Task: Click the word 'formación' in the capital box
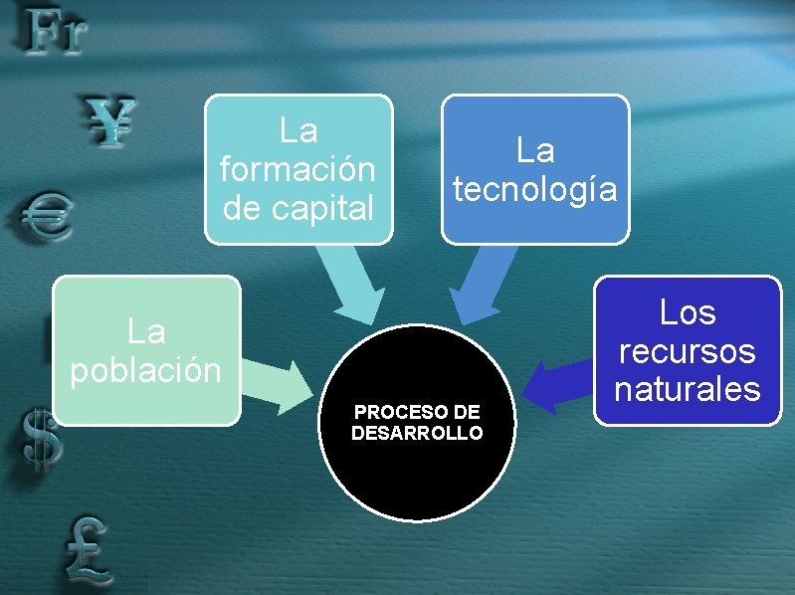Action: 298,169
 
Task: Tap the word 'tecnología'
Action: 535,189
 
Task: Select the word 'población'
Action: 145,369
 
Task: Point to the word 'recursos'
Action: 687,351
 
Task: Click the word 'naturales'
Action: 687,389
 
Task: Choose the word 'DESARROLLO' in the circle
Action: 417,433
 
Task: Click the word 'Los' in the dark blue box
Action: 688,313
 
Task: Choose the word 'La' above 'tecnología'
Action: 535,151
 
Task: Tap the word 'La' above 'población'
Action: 145,330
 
